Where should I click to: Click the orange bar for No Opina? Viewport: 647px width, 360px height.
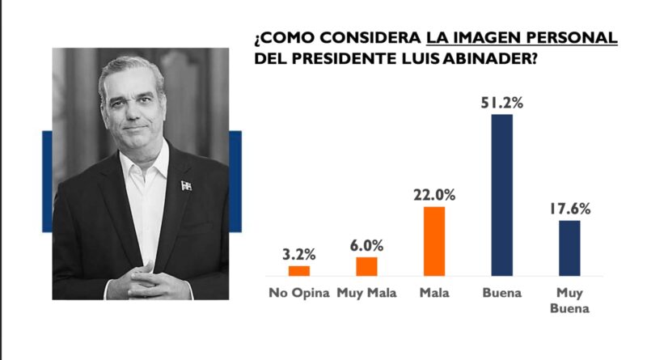299,271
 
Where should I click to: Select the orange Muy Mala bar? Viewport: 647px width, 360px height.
366,266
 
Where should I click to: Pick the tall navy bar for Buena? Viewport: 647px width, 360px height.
501,195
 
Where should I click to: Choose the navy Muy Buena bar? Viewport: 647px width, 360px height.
569,248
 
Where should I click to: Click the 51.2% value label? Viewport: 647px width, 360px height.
501,103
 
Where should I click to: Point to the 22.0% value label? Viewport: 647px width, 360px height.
434,195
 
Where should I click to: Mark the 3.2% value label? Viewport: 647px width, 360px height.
299,254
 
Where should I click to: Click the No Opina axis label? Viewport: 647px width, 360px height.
299,293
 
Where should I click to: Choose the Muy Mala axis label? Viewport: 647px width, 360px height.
366,293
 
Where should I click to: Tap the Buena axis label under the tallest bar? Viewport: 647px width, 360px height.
501,293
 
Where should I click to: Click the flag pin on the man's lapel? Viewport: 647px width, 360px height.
186,185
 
